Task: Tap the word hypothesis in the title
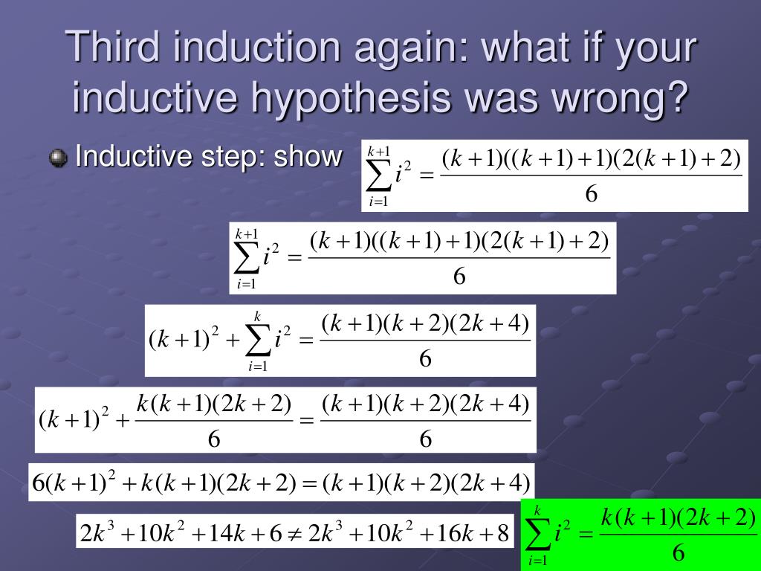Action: (x=356, y=98)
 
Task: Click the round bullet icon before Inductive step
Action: (x=58, y=158)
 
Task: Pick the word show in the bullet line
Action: (x=308, y=157)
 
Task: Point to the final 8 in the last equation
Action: (x=502, y=532)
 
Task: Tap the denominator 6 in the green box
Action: (x=678, y=552)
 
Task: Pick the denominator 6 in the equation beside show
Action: (x=592, y=195)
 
